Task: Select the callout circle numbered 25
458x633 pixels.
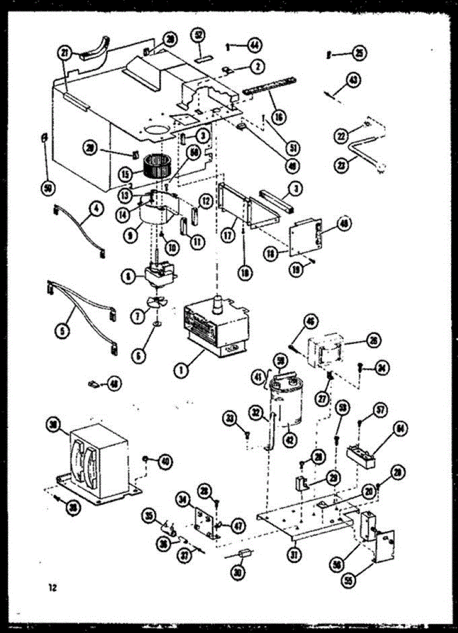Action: tap(359, 53)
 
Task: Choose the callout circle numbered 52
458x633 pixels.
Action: tap(199, 35)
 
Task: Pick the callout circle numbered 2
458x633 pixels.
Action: tap(257, 66)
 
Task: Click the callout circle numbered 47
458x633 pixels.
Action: tap(238, 525)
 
